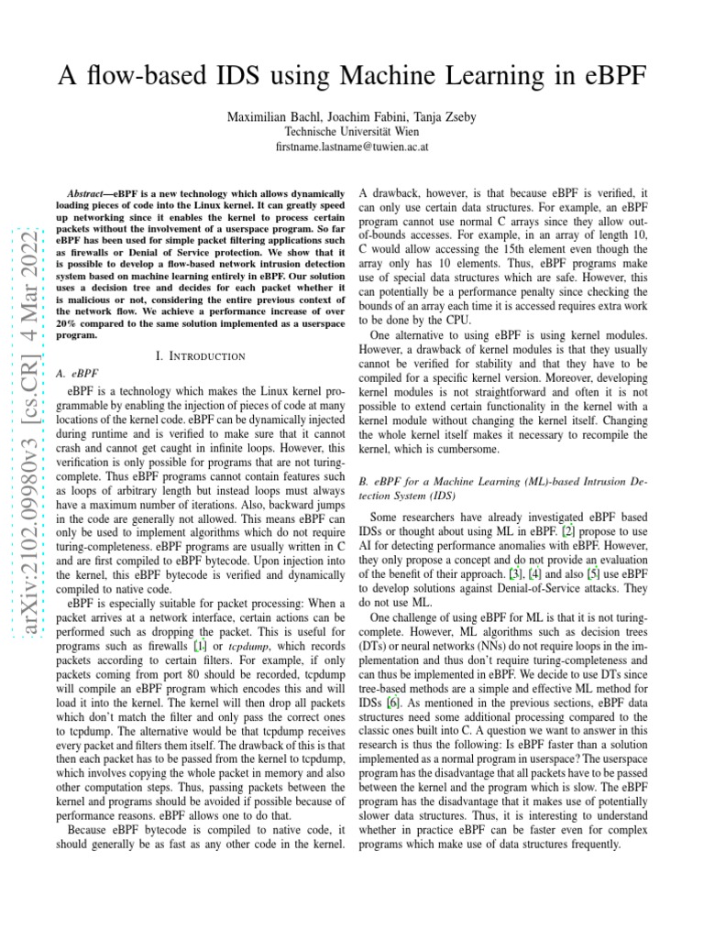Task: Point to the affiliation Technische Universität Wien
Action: point(352,131)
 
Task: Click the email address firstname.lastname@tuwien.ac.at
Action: point(352,147)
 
